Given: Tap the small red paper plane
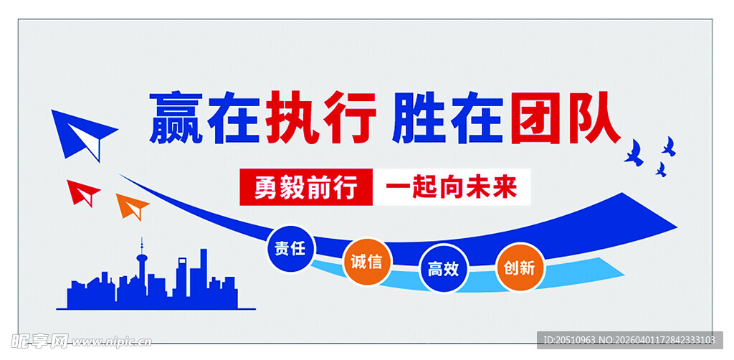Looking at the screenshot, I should (x=83, y=191).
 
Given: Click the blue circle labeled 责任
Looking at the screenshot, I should (x=290, y=249).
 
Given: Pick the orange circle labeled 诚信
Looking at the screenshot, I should (x=366, y=261).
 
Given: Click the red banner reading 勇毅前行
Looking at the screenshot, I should (x=306, y=188).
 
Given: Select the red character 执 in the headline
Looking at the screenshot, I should (x=292, y=118).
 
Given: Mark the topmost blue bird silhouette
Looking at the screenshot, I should (x=669, y=146).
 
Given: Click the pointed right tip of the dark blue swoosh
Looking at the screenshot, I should (x=674, y=229).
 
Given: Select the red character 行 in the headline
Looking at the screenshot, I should (x=351, y=118).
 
